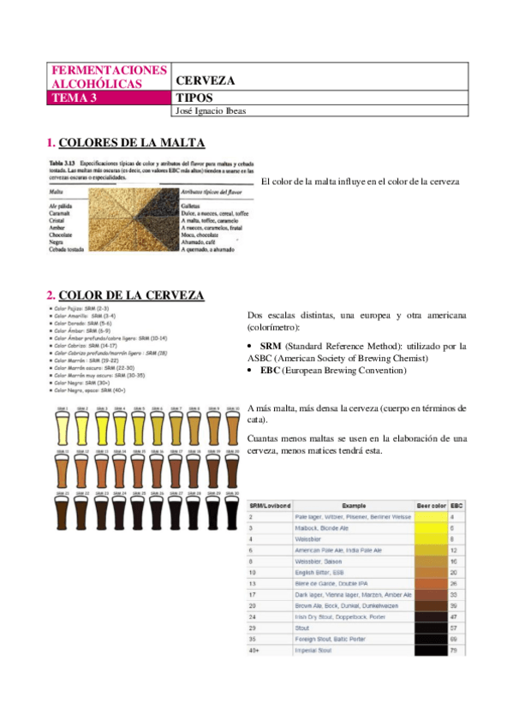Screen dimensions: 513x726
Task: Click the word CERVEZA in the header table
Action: pos(205,80)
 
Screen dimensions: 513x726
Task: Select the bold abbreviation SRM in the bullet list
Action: pos(271,346)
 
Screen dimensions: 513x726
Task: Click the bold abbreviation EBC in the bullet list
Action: pos(271,371)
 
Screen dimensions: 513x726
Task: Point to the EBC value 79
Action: pos(452,651)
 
